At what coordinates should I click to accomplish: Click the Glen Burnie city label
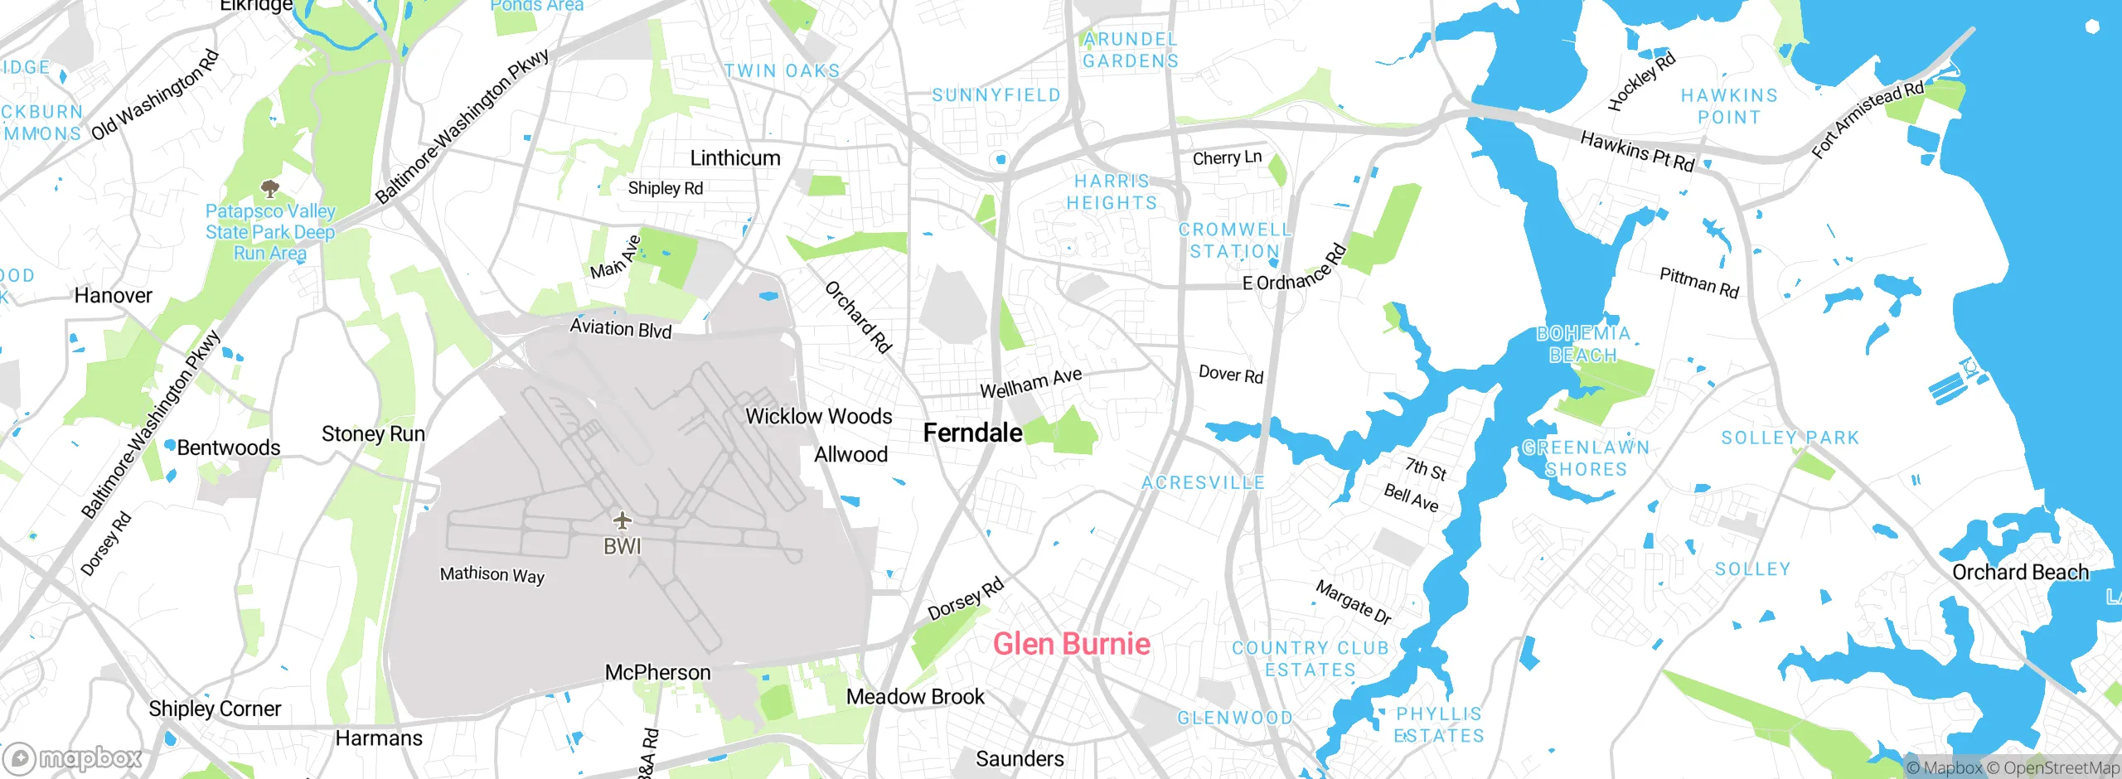click(1071, 644)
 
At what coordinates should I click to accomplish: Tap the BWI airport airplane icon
click(622, 521)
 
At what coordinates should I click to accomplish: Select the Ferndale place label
click(972, 433)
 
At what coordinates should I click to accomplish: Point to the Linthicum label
click(735, 158)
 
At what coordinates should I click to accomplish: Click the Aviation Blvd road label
click(620, 329)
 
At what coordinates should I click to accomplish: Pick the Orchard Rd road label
click(858, 317)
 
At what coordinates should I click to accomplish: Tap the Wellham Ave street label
click(1030, 383)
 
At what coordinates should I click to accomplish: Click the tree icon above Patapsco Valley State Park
click(270, 188)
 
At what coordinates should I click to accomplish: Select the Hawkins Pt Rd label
click(1637, 151)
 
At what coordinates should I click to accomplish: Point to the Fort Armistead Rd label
click(1867, 119)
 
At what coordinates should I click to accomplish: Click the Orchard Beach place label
click(2020, 573)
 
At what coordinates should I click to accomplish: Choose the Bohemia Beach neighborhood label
click(1583, 344)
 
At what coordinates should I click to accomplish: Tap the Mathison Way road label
click(492, 574)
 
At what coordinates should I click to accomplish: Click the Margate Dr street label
click(1353, 602)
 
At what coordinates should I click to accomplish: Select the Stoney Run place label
click(373, 434)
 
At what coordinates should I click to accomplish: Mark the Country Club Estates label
click(1310, 659)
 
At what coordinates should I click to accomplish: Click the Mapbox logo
click(73, 757)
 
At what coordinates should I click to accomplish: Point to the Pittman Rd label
click(1698, 283)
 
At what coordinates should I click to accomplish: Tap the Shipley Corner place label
click(215, 709)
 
